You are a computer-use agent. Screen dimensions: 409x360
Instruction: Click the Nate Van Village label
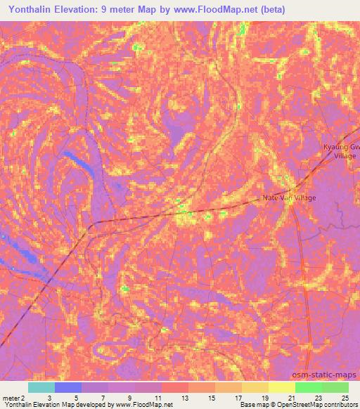pyautogui.click(x=289, y=198)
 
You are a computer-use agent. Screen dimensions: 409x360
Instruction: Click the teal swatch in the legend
pyautogui.click(x=41, y=387)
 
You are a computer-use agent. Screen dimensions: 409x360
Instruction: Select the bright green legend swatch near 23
pyautogui.click(x=309, y=387)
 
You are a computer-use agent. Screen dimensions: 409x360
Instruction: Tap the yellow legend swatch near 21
pyautogui.click(x=282, y=387)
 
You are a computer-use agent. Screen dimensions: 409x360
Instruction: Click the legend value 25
pyautogui.click(x=345, y=397)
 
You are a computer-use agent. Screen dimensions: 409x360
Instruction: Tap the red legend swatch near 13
pyautogui.click(x=175, y=387)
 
